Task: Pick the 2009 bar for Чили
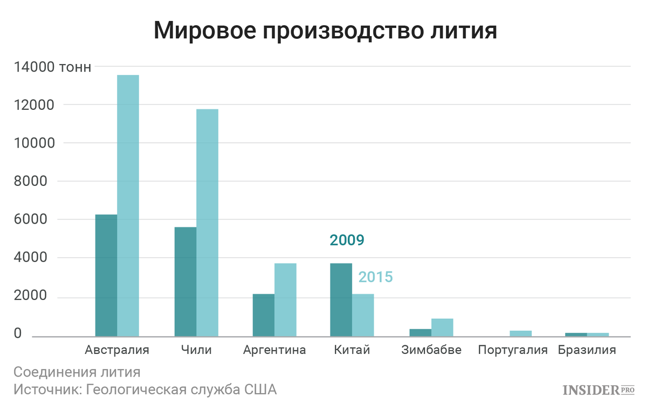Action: tap(185, 282)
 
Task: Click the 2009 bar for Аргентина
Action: tap(264, 315)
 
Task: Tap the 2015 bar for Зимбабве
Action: tap(442, 328)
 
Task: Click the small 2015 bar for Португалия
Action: tap(521, 333)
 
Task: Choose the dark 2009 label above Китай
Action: tap(347, 240)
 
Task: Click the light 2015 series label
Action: tap(376, 277)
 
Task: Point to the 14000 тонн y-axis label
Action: tap(52, 67)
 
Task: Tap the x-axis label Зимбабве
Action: tap(431, 350)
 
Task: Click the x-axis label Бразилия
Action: tap(587, 350)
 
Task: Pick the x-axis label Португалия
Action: tap(513, 350)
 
